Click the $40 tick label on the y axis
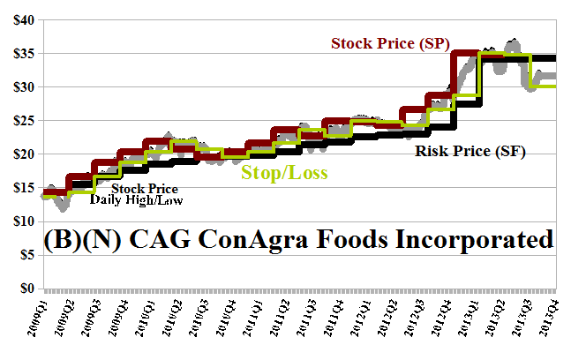[19, 19]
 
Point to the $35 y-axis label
[19, 53]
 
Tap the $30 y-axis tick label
[19, 86]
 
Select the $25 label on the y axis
[19, 121]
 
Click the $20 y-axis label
[19, 154]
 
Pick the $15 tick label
[19, 188]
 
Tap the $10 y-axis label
[19, 221]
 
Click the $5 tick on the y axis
[23, 255]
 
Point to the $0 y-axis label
[23, 289]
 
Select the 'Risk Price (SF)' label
[470, 152]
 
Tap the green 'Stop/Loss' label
[284, 171]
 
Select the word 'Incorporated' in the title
[470, 240]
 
